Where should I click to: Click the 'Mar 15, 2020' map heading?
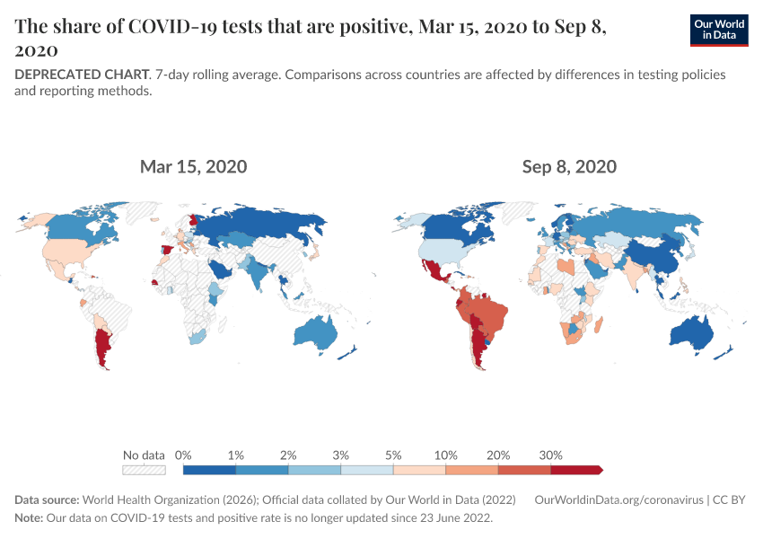tap(193, 166)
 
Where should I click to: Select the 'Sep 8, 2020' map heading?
tap(569, 166)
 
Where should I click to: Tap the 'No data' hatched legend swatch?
tap(144, 469)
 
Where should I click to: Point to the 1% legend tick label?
tap(236, 455)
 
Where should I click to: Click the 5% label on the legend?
tap(393, 455)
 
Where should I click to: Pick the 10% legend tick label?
tap(446, 455)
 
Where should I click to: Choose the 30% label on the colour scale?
tap(550, 455)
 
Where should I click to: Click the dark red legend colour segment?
tap(574, 469)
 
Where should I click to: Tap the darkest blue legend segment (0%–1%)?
tap(209, 469)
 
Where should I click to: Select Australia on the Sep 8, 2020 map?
tap(693, 333)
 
